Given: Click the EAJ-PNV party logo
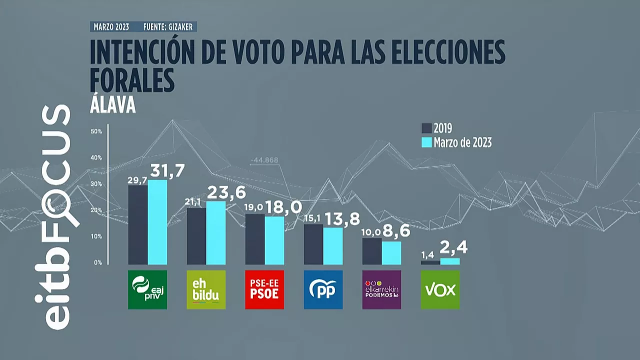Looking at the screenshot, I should pyautogui.click(x=147, y=289).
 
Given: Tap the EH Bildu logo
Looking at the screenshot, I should pyautogui.click(x=206, y=289).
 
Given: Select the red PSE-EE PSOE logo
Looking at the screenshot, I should pyautogui.click(x=264, y=289).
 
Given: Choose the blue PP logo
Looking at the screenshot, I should pyautogui.click(x=323, y=289).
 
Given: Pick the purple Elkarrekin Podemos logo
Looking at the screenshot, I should pyautogui.click(x=381, y=289).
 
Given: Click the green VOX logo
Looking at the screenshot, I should pyautogui.click(x=440, y=289).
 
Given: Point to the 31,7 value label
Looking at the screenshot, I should pyautogui.click(x=168, y=171).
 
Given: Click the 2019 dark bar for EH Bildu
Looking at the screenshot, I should pyautogui.click(x=196, y=236).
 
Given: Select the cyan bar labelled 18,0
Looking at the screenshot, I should pyautogui.click(x=274, y=240).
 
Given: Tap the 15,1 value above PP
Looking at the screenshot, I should pyautogui.click(x=313, y=218).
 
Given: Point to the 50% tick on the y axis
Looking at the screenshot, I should pyautogui.click(x=96, y=131).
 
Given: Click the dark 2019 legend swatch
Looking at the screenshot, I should pyautogui.click(x=426, y=128).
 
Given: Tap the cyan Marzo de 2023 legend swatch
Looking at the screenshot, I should pyautogui.click(x=426, y=142).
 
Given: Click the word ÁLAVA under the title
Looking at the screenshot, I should pyautogui.click(x=113, y=106).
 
